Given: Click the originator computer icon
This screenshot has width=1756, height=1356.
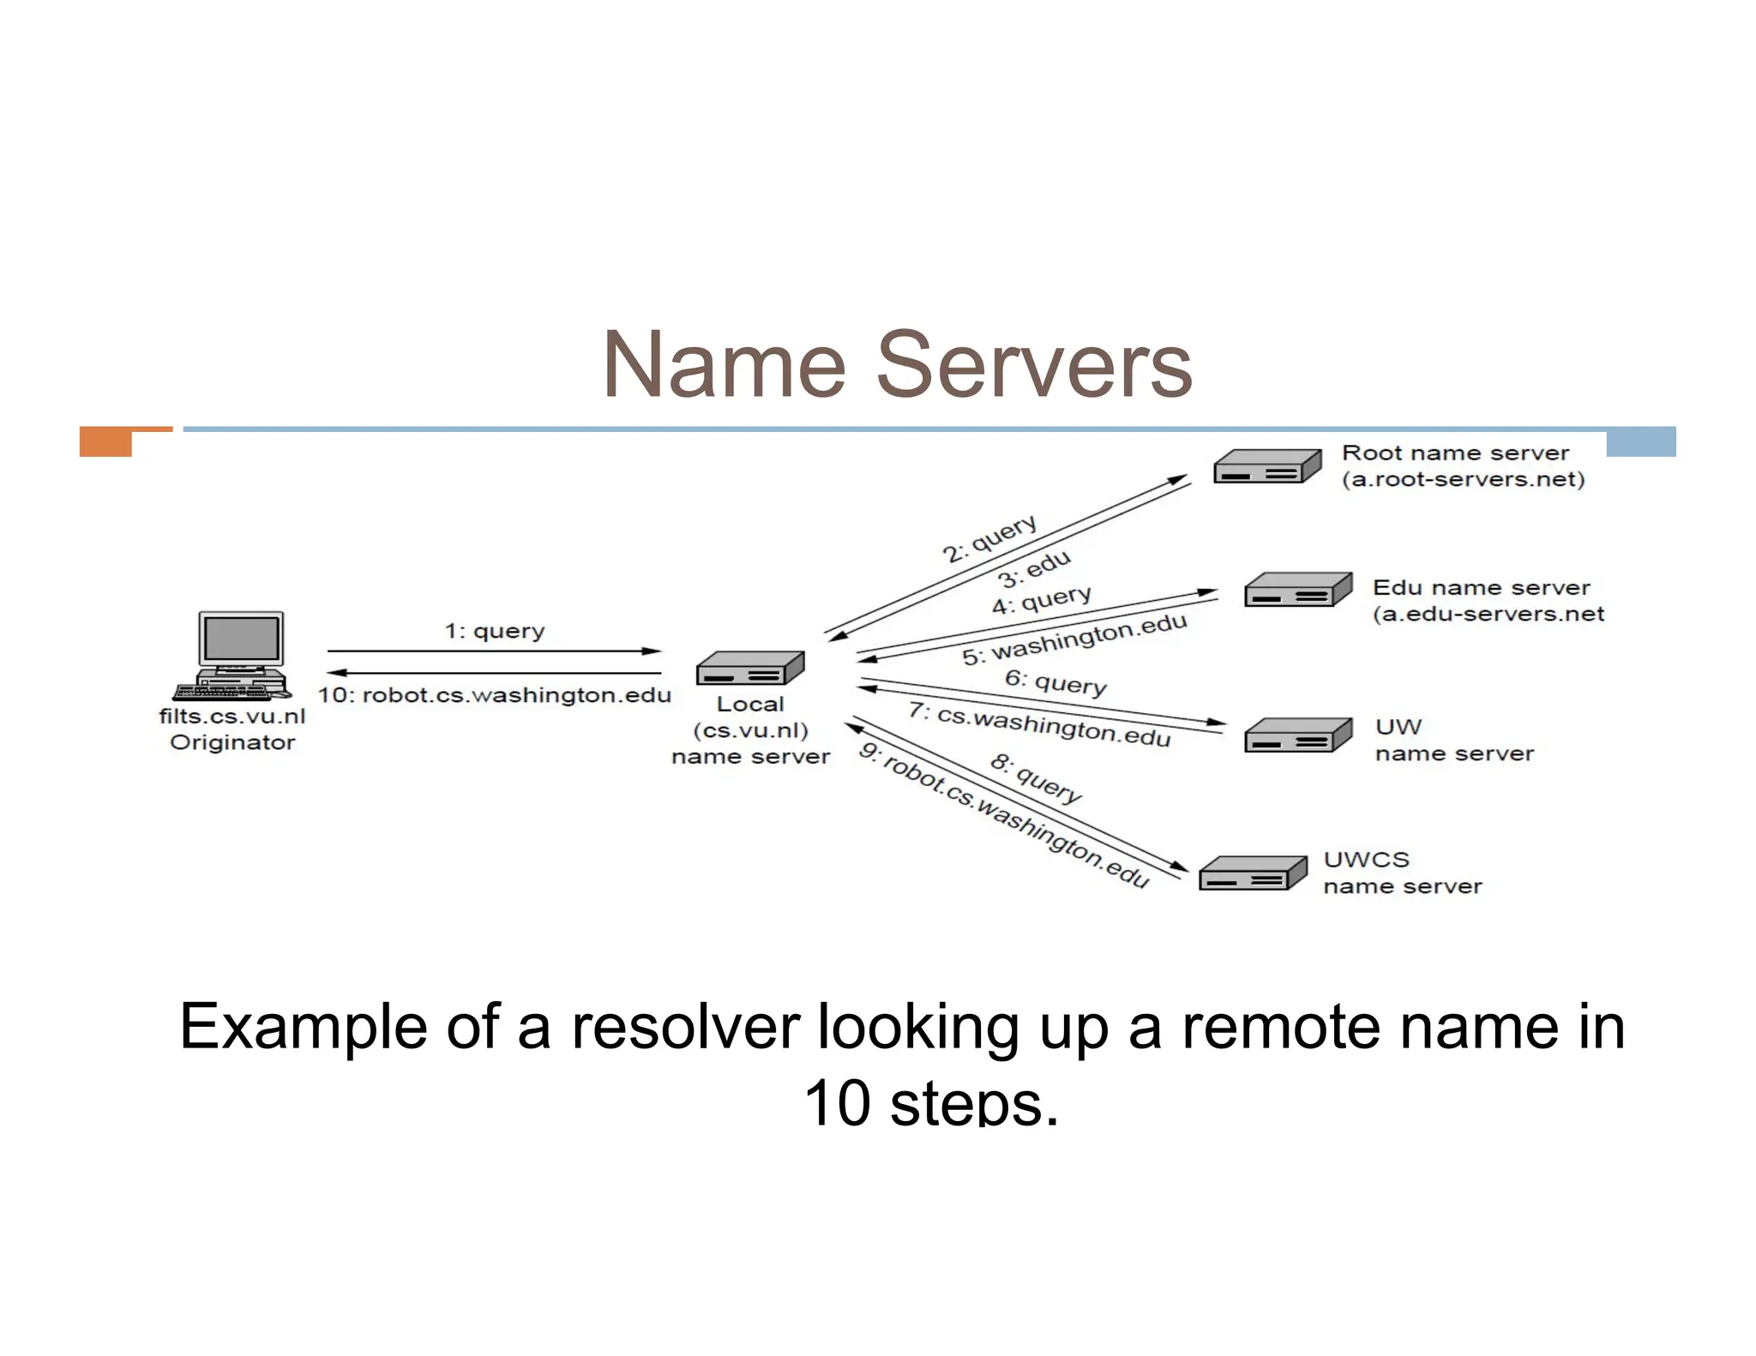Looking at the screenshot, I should [x=236, y=655].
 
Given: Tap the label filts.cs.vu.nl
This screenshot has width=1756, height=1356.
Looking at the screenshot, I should [x=232, y=717].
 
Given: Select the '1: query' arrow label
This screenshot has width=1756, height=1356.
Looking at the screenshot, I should [x=495, y=632].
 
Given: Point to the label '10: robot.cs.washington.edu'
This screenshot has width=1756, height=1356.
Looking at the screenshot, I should [x=495, y=695].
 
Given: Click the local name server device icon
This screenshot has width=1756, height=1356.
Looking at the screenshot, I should [x=750, y=668].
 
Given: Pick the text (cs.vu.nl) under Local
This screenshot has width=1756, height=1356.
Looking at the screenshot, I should [x=750, y=731].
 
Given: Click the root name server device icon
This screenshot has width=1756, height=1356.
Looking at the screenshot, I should [x=1267, y=466].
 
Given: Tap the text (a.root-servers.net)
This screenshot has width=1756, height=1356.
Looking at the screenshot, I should [x=1463, y=479].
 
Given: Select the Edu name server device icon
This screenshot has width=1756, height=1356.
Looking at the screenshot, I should [x=1298, y=590].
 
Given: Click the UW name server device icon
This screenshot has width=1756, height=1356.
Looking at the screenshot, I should [x=1298, y=735].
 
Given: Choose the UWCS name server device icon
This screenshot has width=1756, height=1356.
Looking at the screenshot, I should [x=1252, y=873].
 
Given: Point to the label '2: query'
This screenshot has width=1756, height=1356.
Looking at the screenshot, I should [x=990, y=538].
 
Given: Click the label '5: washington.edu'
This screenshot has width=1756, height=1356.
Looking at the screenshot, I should [x=1074, y=639].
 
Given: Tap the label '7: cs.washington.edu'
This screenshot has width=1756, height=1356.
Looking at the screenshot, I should [x=1039, y=725].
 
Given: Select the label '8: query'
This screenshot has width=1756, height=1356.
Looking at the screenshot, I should [x=1036, y=778].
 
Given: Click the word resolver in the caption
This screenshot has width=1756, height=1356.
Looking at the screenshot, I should [x=685, y=1027].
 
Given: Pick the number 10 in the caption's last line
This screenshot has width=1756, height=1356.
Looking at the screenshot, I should [x=837, y=1102].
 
